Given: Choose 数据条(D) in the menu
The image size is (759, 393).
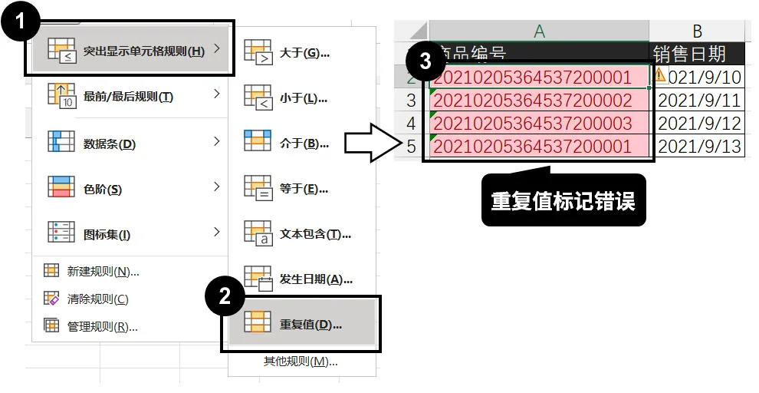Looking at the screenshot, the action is tap(109, 144).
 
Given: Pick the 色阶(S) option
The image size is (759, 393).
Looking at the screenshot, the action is tap(102, 189).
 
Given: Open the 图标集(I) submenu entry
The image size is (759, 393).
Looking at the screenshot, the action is tap(107, 234).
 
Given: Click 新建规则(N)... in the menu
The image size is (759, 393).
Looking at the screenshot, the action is tap(103, 271).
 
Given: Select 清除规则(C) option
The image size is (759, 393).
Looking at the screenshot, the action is tap(97, 299).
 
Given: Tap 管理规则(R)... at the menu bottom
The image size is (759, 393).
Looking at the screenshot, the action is tap(102, 326).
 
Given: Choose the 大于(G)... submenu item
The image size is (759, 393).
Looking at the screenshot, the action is tap(304, 53).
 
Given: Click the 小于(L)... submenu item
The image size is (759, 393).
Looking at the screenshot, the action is tap(303, 98).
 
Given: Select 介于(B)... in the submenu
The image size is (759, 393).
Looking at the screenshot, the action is tap(304, 144).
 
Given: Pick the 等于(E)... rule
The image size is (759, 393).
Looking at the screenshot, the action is tap(304, 189).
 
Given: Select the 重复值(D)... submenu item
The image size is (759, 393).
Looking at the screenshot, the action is tap(310, 324).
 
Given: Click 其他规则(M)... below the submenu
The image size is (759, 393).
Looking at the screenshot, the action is tap(301, 362).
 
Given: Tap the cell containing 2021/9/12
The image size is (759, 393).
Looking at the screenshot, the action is tap(699, 123).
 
